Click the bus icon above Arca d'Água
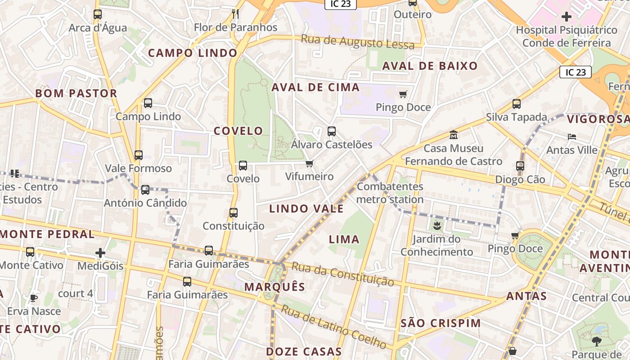(x=98, y=14)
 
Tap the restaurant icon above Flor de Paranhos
(x=235, y=13)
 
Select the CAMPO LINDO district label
(x=193, y=53)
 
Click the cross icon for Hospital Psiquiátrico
(x=567, y=17)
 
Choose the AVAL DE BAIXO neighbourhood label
(x=430, y=66)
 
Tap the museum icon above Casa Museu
(x=453, y=135)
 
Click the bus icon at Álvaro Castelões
(x=332, y=131)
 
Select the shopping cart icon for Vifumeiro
(x=309, y=163)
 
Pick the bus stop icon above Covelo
(x=243, y=166)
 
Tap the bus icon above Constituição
(x=233, y=213)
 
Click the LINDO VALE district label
(x=306, y=209)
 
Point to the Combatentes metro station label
(x=390, y=193)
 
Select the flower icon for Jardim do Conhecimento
(x=436, y=225)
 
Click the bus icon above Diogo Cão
(x=520, y=166)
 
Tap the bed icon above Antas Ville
(x=571, y=136)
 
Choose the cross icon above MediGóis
(x=100, y=253)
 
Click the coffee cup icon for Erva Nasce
(x=33, y=298)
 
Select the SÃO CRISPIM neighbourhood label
(x=441, y=323)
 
